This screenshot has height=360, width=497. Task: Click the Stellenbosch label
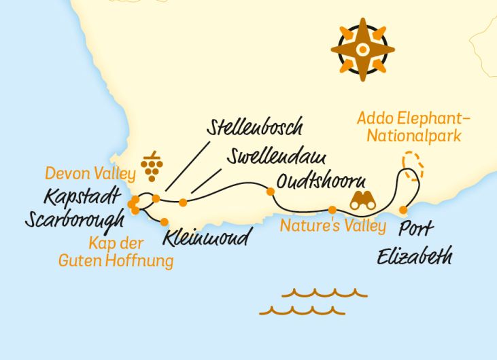point(256,128)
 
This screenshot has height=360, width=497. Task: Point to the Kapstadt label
point(84,197)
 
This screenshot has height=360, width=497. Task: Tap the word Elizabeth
point(414,257)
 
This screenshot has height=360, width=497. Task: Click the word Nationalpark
point(414,136)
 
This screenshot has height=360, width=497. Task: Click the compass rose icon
point(362,49)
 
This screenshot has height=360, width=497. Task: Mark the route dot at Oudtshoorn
point(271,192)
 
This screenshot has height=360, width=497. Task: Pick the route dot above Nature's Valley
point(332,210)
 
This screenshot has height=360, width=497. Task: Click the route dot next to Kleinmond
point(164,221)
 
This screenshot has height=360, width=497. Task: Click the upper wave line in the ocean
point(324,293)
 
